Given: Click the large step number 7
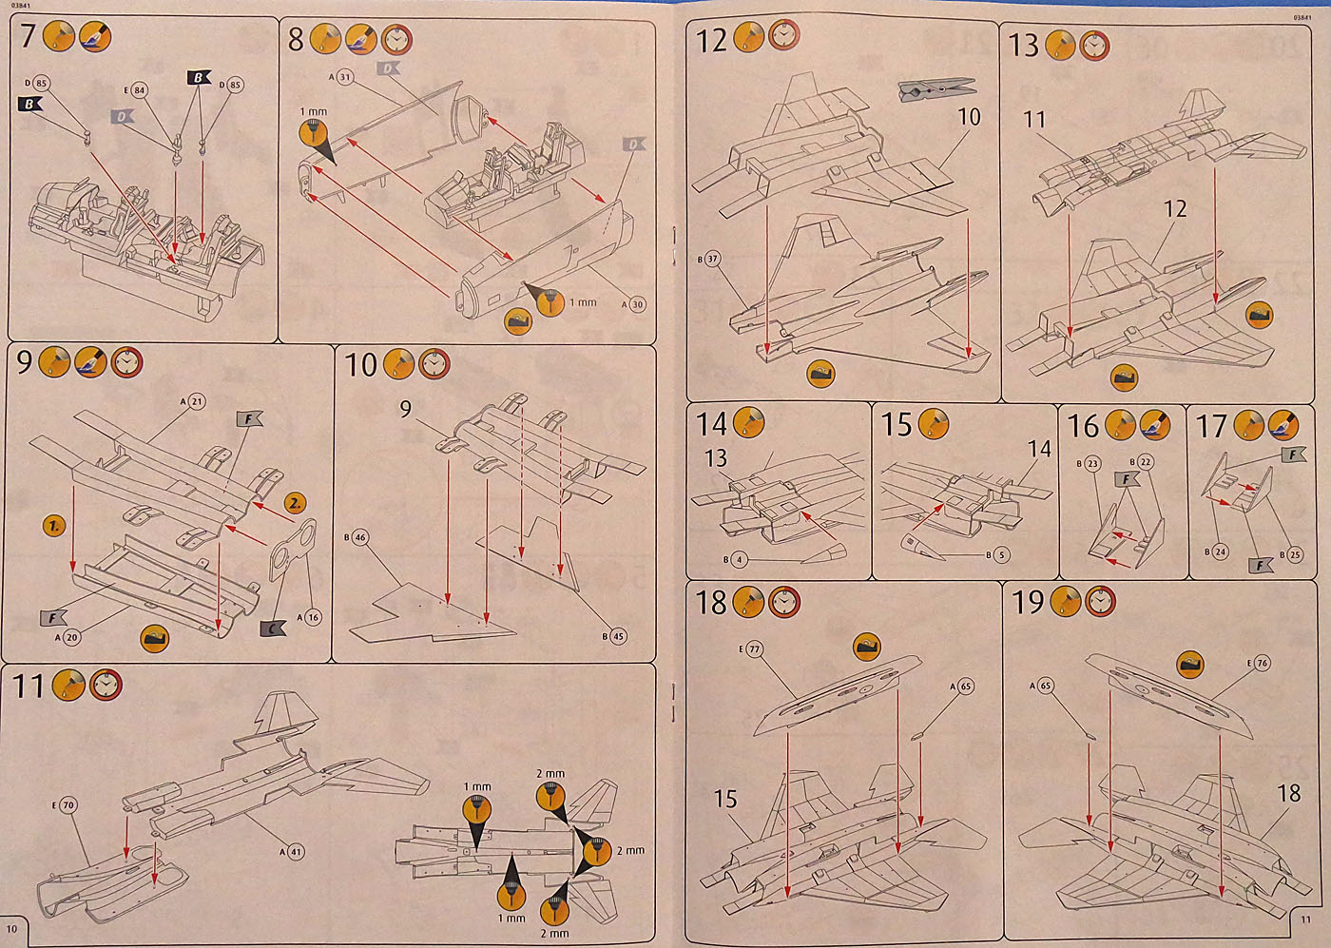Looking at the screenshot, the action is [x=28, y=37].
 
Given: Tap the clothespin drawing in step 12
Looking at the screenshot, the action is [x=936, y=90].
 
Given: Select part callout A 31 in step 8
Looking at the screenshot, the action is [x=344, y=77].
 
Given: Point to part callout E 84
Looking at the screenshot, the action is [x=139, y=90].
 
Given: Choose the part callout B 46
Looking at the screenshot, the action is [x=359, y=537].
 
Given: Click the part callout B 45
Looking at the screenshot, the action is [x=617, y=636].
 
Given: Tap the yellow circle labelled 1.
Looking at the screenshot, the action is [x=54, y=525].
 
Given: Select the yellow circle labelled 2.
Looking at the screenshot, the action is [x=296, y=503].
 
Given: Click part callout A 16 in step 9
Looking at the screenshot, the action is [x=312, y=617].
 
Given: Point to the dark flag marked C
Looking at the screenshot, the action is [x=273, y=629].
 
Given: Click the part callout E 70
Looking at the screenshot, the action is [x=68, y=805].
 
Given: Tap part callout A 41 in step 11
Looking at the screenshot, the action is [x=296, y=852].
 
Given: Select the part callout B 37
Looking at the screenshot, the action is [x=712, y=259].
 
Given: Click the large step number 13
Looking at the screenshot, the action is [x=1024, y=45].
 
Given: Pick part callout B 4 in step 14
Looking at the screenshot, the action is [x=739, y=559].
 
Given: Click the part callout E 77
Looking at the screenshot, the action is [x=753, y=649].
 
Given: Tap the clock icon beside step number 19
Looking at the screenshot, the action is [x=1100, y=601].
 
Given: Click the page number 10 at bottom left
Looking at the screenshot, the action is [x=12, y=928].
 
